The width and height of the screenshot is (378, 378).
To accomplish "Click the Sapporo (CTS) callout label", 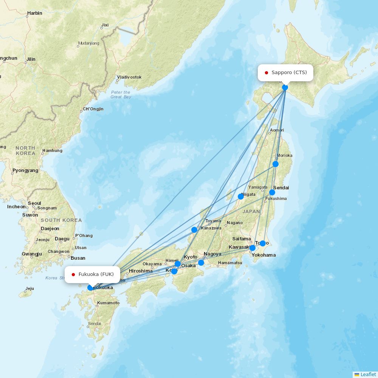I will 286,73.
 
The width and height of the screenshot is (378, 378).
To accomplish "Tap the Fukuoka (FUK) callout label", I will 92,274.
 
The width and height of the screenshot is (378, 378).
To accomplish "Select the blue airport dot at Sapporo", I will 285,87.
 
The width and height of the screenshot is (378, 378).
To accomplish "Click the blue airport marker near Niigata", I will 241,197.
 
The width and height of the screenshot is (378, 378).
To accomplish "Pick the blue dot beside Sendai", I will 272,192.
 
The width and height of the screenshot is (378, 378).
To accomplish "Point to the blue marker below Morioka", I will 276,164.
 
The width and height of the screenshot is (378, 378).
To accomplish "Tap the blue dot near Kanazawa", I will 194,230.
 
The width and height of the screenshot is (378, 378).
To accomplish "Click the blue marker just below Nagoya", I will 201,263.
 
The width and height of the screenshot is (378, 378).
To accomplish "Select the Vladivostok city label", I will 129,77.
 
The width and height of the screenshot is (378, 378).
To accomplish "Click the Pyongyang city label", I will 25,170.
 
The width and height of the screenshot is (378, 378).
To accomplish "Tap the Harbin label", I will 34,13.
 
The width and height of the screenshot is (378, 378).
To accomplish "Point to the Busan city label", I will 78,258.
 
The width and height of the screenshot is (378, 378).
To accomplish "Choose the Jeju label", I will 29,289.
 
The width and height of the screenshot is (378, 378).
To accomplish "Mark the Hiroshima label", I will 141,271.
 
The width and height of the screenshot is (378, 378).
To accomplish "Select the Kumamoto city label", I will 108,303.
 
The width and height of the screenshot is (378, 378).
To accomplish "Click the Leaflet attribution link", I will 368,374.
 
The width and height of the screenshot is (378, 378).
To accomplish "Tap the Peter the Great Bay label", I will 121,94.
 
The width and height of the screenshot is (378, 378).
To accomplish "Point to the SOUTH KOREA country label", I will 61,220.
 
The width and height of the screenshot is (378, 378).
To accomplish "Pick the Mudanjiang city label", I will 88,43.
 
